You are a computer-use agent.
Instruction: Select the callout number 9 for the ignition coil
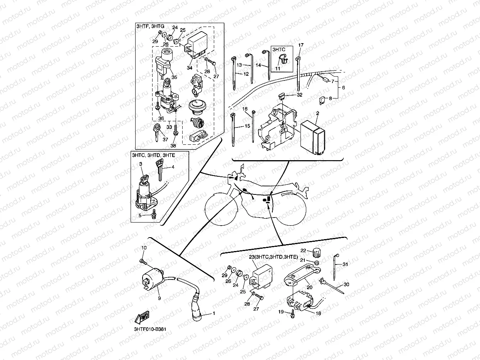click(x=159, y=298)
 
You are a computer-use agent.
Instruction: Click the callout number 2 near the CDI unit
click(x=318, y=113)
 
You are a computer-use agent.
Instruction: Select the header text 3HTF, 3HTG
click(x=150, y=26)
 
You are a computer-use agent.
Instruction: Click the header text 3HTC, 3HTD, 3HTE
click(x=153, y=155)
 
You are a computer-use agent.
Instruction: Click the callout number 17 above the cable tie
click(x=301, y=45)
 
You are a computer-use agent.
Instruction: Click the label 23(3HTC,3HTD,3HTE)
click(x=273, y=257)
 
